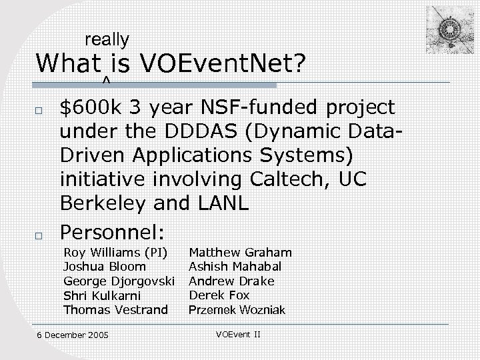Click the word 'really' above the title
(x=107, y=40)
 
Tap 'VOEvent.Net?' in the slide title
(x=223, y=64)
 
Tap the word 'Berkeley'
(x=103, y=203)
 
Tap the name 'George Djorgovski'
(x=118, y=281)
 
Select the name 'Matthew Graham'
(x=240, y=253)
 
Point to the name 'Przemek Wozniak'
(x=237, y=310)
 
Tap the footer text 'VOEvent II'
(x=239, y=333)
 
